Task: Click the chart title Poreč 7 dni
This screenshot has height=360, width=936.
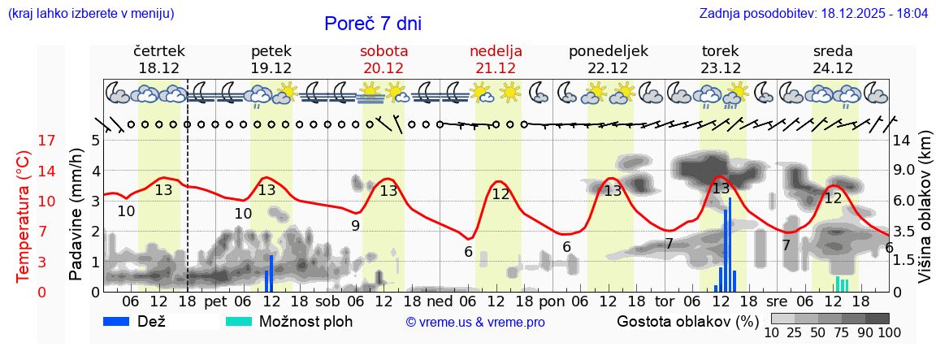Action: point(373,24)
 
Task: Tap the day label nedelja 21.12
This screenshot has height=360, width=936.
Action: point(496,59)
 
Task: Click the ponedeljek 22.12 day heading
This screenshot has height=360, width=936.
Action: point(609,59)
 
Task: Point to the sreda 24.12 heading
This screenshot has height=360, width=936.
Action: point(833,59)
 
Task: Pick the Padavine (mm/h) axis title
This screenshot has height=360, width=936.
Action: point(76,216)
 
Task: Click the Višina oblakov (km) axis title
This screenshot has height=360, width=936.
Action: point(925,215)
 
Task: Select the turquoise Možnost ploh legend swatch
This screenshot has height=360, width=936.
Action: point(239,321)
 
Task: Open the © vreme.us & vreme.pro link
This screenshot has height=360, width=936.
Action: point(475,323)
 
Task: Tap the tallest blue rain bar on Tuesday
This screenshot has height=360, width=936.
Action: point(730,244)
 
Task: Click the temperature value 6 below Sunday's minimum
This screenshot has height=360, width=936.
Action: point(468,252)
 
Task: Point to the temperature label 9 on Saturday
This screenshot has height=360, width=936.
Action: point(355,226)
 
